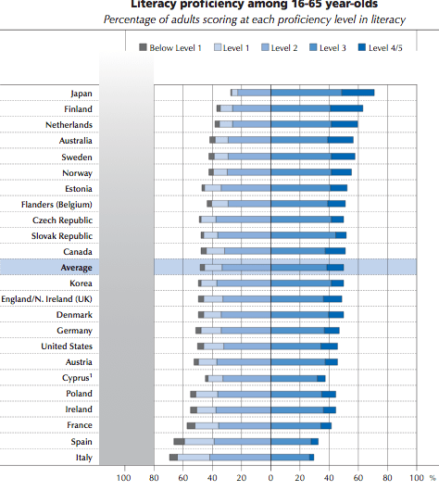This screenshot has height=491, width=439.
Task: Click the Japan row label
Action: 81,93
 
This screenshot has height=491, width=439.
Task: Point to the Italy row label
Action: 83,457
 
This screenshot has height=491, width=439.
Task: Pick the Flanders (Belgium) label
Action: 56,204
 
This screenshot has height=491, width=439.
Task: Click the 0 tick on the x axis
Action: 270,478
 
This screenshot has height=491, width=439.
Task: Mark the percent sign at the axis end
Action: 433,478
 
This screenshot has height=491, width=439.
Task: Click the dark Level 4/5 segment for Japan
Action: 357,93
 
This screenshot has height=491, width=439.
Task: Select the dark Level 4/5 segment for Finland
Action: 346,108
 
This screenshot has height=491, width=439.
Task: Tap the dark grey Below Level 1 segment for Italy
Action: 173,457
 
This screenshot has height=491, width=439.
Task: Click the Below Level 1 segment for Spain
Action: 179,441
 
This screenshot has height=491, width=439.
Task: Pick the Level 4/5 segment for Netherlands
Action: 344,124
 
